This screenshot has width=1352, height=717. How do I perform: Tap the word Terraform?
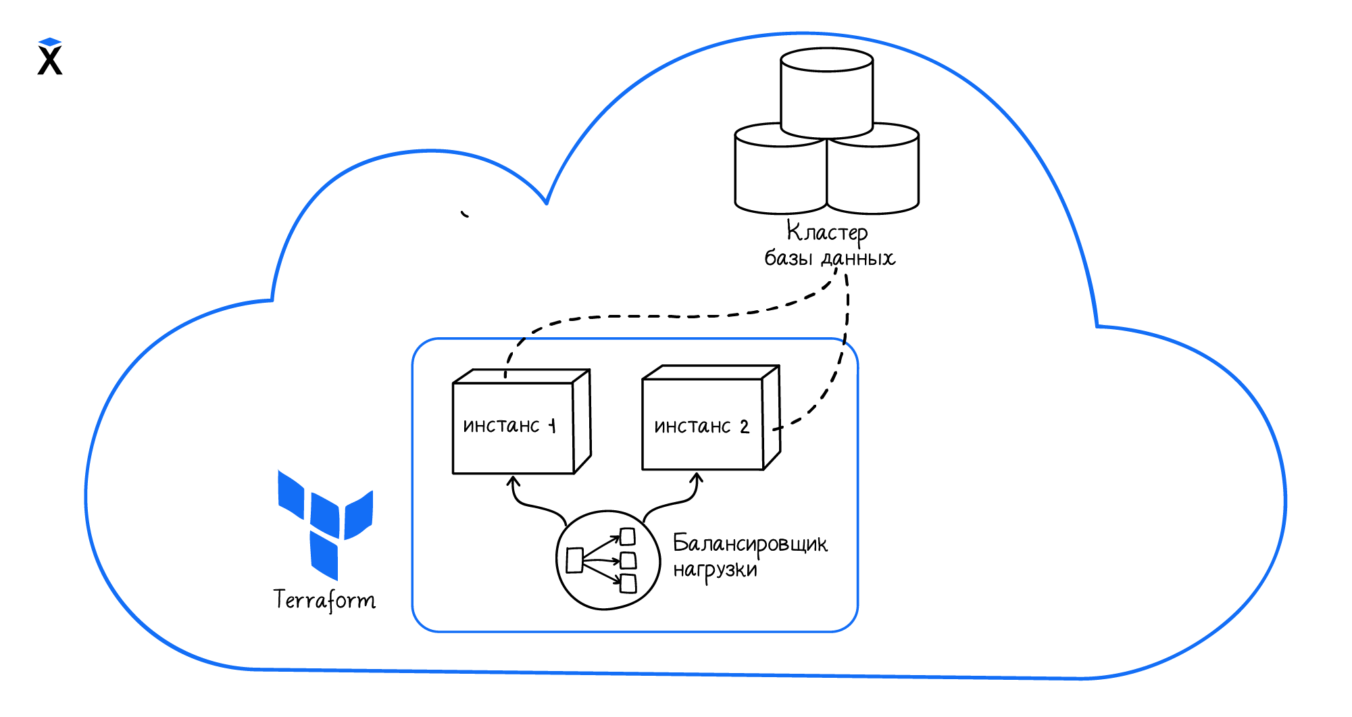point(324,600)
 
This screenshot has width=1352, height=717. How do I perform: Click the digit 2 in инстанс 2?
point(744,427)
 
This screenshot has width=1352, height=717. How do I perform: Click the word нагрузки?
point(715,570)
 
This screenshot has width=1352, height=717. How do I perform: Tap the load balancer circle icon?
point(607,560)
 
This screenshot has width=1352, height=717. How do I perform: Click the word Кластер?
point(827,232)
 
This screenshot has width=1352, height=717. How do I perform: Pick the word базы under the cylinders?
point(788,258)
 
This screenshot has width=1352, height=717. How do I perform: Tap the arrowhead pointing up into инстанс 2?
point(697,477)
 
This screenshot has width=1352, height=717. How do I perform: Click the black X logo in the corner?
point(50,61)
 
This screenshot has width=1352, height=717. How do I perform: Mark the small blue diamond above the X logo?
point(50,42)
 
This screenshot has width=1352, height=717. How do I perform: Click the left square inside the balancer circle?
point(574,560)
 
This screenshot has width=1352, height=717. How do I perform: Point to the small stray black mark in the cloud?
point(465,214)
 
